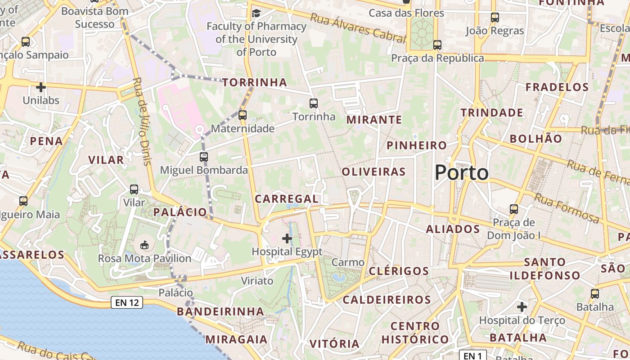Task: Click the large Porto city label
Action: (x=462, y=173)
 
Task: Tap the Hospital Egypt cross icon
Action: (x=287, y=238)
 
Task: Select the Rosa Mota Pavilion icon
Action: (x=144, y=245)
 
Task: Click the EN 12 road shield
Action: (x=127, y=302)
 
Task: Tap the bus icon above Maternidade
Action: (x=243, y=115)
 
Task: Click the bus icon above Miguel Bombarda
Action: (x=204, y=157)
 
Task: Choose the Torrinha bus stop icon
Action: (x=314, y=103)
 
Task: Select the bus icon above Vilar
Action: (x=134, y=189)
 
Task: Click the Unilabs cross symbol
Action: (x=41, y=87)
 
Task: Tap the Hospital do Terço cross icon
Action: (x=522, y=307)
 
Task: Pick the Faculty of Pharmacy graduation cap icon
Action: (x=256, y=13)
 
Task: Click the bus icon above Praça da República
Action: (x=437, y=45)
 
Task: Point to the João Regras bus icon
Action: (x=495, y=18)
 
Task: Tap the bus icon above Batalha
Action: (x=595, y=294)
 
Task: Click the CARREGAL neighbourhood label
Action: (x=287, y=198)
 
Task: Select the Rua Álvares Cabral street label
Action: (x=358, y=28)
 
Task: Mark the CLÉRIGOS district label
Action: (x=399, y=271)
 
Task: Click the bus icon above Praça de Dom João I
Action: (x=514, y=209)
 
